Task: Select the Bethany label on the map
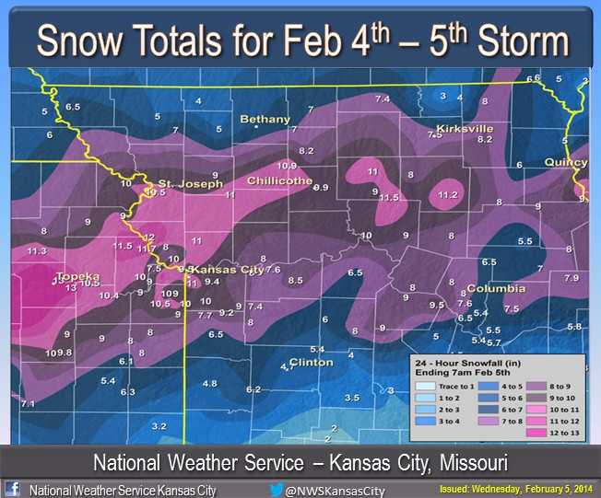pos(265,119)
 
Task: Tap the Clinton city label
pos(311,362)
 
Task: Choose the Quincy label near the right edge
pos(565,162)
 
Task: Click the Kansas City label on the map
pos(224,269)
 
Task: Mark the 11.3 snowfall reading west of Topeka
pos(37,250)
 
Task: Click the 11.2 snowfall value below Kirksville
pos(448,194)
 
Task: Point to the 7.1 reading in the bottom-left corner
pos(28,404)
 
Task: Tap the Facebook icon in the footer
pos(13,489)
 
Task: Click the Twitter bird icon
pos(275,490)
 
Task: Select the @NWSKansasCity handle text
pos(335,491)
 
